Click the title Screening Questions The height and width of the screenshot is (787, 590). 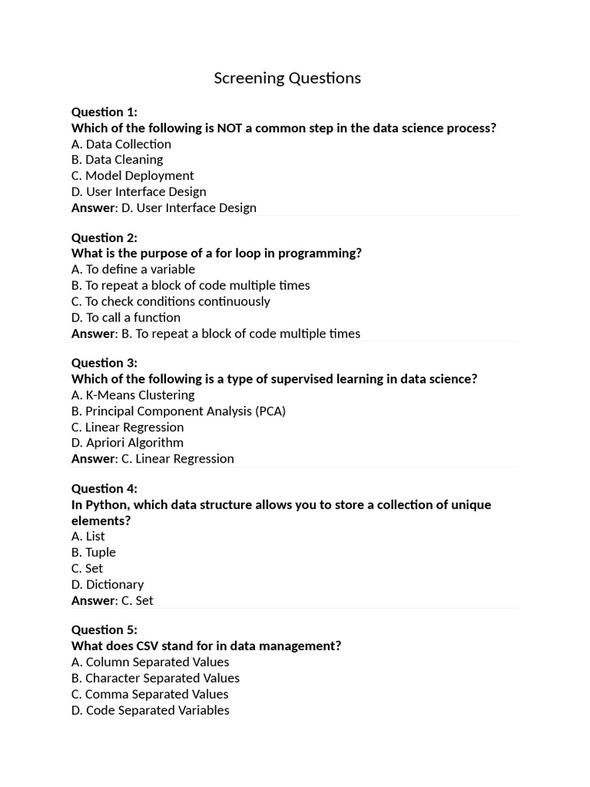tap(287, 78)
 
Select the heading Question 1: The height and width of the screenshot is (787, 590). tap(104, 112)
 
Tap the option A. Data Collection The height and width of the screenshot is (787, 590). tap(121, 144)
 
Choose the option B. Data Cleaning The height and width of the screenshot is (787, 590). tap(117, 160)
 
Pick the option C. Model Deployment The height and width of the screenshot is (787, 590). tap(132, 176)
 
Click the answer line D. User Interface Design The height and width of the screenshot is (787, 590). tap(164, 208)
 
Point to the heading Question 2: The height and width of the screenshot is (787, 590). tap(104, 237)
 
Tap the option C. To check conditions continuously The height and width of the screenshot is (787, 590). tap(171, 301)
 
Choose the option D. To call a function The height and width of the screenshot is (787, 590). tap(126, 317)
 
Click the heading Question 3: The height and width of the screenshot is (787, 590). tap(104, 363)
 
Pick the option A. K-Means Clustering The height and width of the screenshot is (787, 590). tap(133, 395)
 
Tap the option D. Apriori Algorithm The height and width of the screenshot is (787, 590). tap(128, 443)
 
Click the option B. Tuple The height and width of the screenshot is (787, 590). tap(94, 553)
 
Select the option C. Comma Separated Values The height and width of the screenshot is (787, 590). tap(150, 694)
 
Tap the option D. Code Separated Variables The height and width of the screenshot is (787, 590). tap(151, 710)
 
